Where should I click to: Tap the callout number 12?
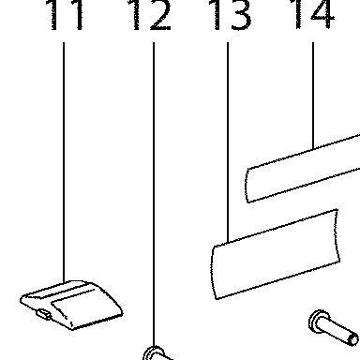click(150, 15)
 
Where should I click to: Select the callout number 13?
click(231, 15)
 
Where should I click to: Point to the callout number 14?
click(312, 14)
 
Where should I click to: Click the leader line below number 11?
click(64, 162)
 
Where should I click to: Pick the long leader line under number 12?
click(154, 194)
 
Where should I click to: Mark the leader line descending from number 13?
click(228, 142)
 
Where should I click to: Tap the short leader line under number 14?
click(313, 96)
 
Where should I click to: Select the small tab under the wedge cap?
click(44, 314)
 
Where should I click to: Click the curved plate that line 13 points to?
click(275, 254)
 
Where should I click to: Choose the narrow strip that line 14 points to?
click(303, 169)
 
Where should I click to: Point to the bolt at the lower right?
click(334, 328)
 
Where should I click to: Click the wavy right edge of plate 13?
click(337, 235)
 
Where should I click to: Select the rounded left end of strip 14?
click(247, 186)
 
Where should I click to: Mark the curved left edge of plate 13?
click(214, 273)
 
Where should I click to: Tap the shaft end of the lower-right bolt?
click(353, 339)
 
